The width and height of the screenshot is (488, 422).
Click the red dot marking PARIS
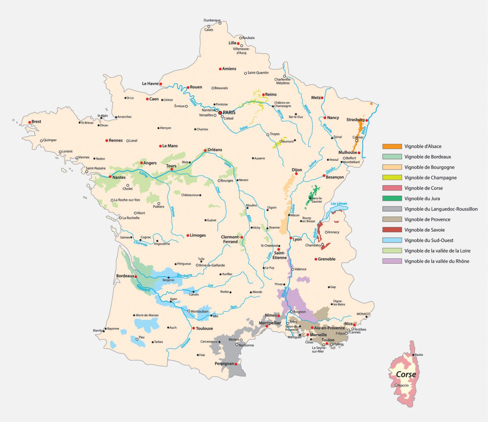point(220,113)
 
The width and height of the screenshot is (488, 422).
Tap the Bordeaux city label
point(125,276)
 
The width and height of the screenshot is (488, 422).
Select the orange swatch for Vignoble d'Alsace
point(392,146)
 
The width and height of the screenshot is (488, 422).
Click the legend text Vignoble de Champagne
point(430,178)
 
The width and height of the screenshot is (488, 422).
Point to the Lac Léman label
point(339,204)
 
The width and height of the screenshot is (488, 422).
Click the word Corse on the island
point(406,374)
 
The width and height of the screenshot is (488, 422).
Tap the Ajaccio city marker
point(396,385)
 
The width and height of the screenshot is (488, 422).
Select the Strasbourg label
point(355,120)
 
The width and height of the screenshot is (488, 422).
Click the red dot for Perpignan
point(236,364)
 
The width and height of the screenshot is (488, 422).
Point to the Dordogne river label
point(184,276)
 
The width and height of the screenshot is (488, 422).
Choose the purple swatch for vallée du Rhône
point(392,261)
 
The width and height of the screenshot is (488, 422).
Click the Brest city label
point(36,122)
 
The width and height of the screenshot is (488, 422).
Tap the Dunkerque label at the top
point(212,20)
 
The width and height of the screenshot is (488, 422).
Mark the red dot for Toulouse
point(193,328)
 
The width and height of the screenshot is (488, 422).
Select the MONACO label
point(363,314)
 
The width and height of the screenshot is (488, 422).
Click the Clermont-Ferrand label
point(230,239)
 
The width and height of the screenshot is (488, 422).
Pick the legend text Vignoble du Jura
point(422,198)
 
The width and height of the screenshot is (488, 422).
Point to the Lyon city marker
point(291,238)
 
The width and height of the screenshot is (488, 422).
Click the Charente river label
point(140,243)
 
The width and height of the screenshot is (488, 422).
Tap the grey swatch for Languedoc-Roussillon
point(392,209)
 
